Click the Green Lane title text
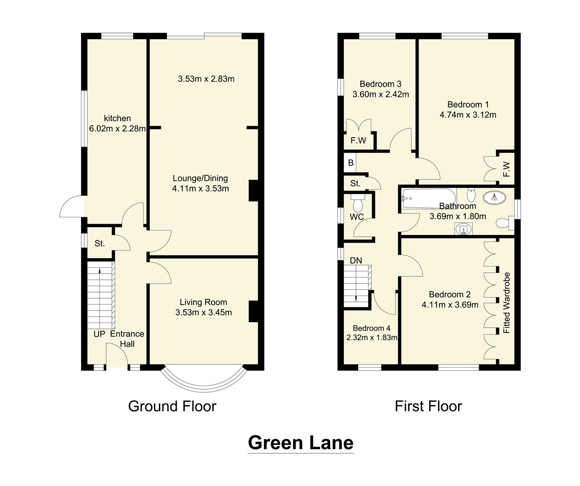300,443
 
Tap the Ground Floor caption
172,406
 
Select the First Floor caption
428,406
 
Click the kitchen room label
117,118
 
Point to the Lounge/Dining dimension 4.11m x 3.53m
200,189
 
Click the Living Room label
203,302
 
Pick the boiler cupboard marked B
351,163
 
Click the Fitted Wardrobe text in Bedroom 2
507,302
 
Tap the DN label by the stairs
355,261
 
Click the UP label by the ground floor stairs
99,334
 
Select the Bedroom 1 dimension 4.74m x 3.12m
468,115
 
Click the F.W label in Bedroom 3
358,141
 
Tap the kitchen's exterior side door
72,207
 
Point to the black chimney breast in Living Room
253,311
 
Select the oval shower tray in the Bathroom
494,197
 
